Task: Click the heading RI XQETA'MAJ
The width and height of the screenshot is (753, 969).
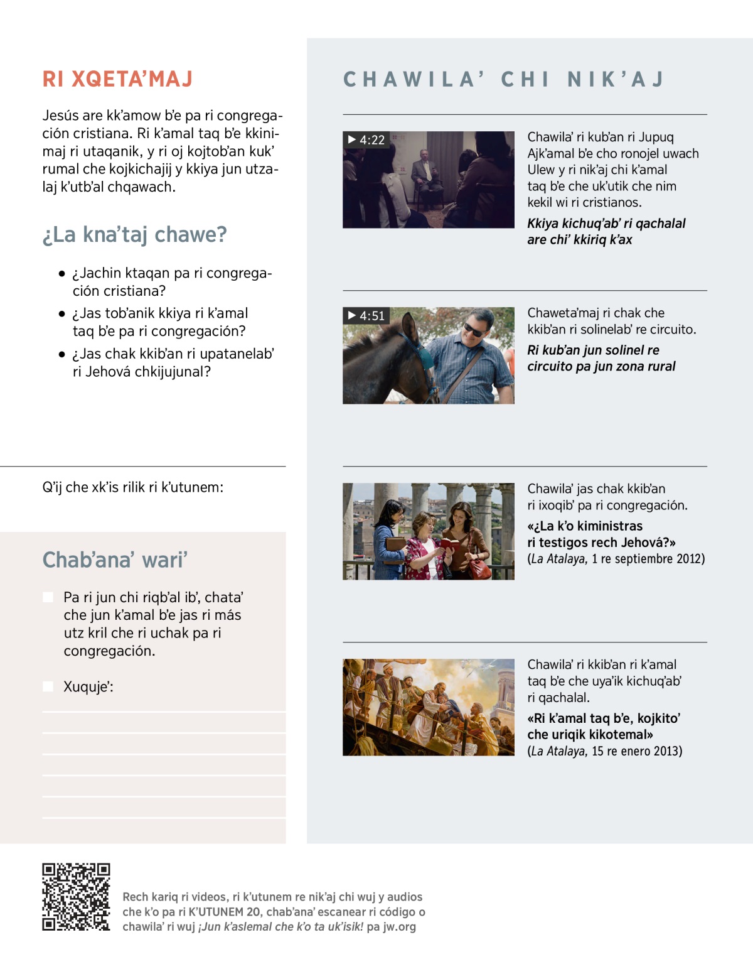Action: tap(117, 79)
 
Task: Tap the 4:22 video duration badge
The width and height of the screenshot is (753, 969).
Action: tap(366, 139)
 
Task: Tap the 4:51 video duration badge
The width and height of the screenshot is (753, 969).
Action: tap(366, 315)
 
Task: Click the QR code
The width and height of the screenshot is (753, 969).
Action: tap(76, 897)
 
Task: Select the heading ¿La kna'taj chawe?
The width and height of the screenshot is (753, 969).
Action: tap(134, 235)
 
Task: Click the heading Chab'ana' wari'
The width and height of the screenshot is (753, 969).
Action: tap(115, 560)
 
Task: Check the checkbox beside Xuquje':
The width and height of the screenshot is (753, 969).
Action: tap(48, 686)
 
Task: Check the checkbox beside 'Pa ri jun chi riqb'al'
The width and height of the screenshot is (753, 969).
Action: tap(48, 597)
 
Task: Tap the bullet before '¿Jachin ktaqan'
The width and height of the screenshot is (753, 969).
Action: tap(61, 274)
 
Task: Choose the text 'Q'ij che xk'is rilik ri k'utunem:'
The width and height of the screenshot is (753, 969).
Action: tap(132, 487)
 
